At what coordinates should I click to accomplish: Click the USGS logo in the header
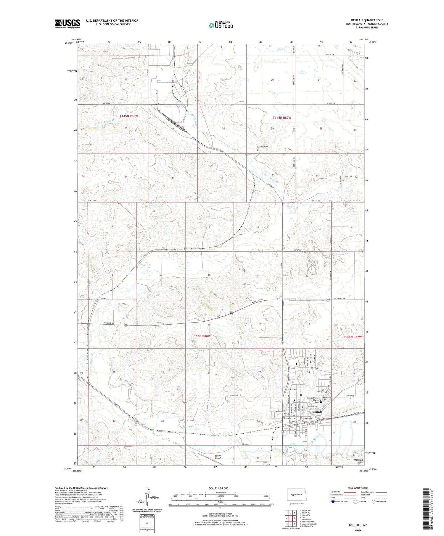click(67, 24)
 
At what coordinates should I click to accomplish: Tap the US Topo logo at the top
click(221, 25)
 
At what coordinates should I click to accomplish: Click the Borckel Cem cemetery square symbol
click(257, 150)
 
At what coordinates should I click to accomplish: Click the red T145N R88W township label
click(129, 116)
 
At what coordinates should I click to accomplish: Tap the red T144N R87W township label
click(352, 337)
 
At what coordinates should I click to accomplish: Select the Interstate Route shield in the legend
click(333, 502)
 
